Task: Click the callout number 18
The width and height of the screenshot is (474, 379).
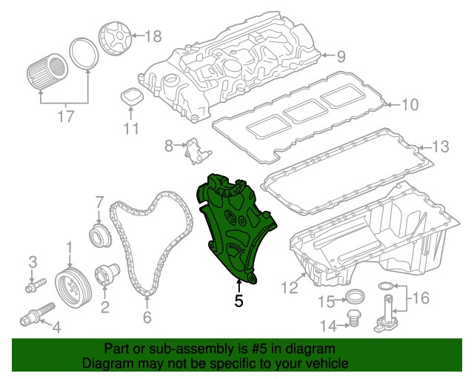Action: click(152, 36)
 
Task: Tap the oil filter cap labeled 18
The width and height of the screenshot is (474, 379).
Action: click(113, 38)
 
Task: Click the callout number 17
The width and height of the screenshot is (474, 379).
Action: click(66, 116)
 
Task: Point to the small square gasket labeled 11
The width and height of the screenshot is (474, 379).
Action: click(130, 98)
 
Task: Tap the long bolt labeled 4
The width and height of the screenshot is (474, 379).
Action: click(35, 320)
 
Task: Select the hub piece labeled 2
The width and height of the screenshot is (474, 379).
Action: click(103, 275)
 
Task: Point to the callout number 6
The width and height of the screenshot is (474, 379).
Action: click(147, 318)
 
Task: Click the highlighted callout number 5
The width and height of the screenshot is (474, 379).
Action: click(238, 301)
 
